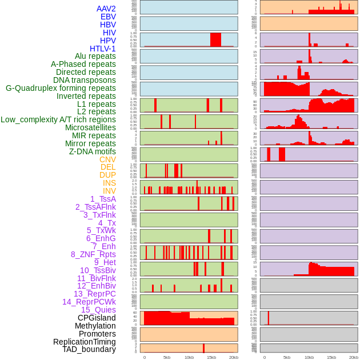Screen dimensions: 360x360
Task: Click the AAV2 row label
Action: coord(106,9)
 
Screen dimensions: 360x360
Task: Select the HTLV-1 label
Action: coord(103,49)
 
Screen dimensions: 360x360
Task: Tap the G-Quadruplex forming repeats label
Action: coord(61,88)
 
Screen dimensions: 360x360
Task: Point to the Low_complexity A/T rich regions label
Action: coord(58,119)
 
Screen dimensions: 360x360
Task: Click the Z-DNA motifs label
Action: coord(93,151)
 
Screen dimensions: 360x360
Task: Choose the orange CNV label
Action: coord(107,159)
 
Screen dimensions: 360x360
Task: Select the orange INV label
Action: coord(109,191)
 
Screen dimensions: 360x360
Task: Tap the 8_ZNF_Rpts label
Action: coord(93,254)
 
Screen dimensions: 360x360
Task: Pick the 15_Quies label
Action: coord(98,310)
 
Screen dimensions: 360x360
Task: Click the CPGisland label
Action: coord(97,318)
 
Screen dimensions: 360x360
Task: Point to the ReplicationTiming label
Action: coord(85,342)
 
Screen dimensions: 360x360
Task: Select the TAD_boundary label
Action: coord(89,349)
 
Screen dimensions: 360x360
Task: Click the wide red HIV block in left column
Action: coord(215,39)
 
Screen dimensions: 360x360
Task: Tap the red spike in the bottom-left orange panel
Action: coord(203,348)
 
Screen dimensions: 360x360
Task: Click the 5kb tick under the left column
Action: coord(167,357)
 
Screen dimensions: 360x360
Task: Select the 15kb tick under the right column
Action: coord(331,357)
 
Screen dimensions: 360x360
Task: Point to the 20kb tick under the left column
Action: coord(234,357)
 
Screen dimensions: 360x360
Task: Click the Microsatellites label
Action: coord(90,127)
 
